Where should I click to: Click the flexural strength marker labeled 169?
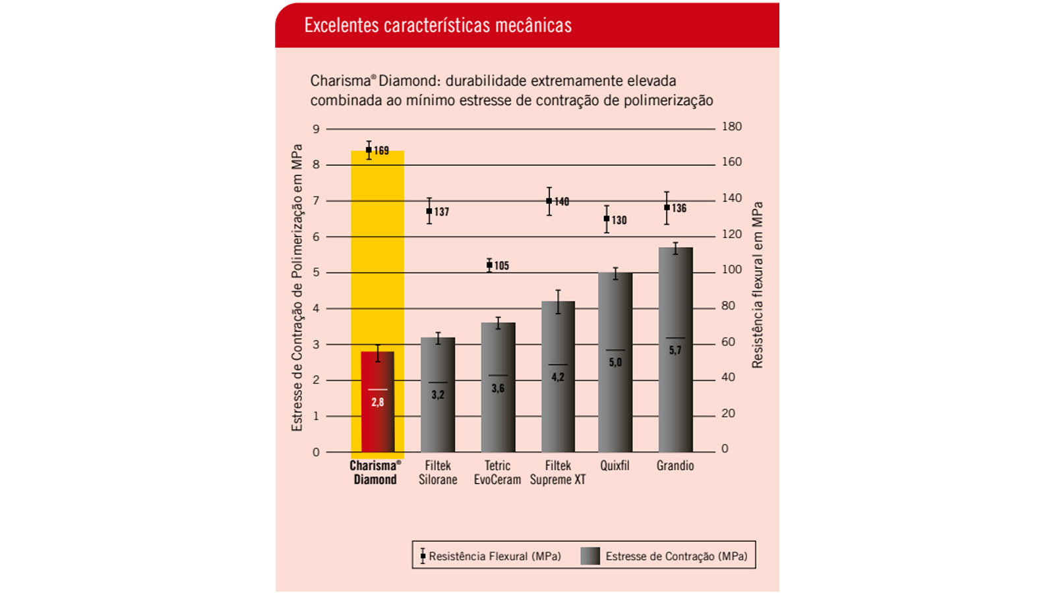pos(369,150)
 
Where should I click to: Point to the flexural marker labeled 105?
pos(489,265)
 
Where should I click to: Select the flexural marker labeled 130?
pos(607,219)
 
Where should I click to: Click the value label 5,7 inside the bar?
pos(675,351)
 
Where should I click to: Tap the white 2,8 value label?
pos(377,403)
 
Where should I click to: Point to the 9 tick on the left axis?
pos(316,129)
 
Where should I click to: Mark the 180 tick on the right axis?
pos(731,127)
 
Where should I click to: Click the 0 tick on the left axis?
pos(316,452)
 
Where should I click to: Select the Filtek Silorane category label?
pos(438,472)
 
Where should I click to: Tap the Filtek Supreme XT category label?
pos(558,472)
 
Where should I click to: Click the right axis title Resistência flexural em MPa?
pos(758,285)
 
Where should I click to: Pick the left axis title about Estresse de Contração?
pos(297,287)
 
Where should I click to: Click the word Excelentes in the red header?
pos(340,26)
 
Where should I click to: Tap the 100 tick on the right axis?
pos(731,269)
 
